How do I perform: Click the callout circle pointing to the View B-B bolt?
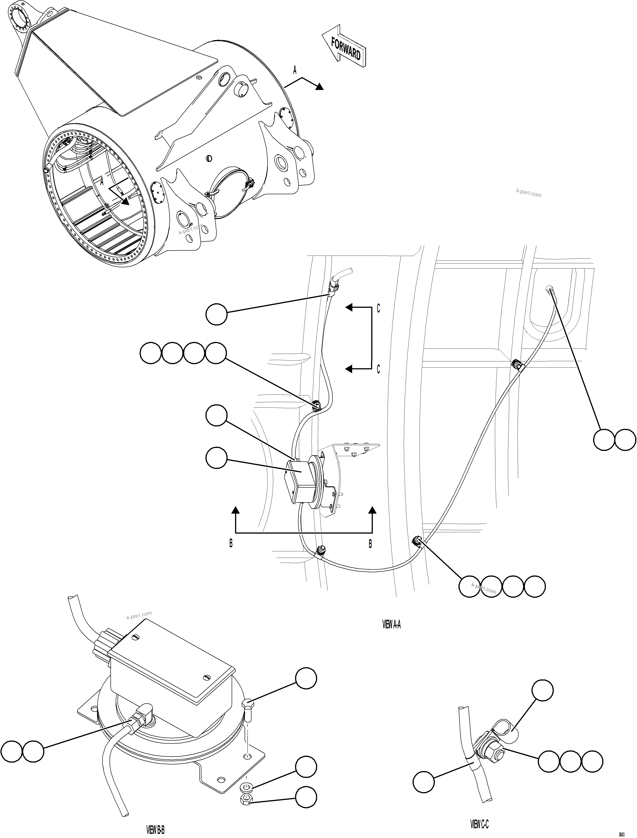click(306, 678)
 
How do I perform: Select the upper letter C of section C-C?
click(378, 309)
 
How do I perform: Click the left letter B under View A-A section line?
click(231, 543)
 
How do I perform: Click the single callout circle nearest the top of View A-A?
click(216, 314)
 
